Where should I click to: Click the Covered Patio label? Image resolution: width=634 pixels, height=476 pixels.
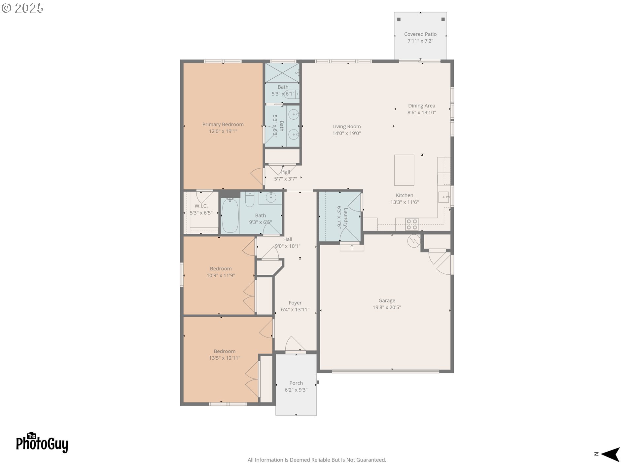point(420,34)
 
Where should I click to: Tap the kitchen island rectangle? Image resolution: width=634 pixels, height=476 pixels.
point(404,170)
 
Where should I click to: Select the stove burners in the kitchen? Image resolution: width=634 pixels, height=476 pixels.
point(411,224)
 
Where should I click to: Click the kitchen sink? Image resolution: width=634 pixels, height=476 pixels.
point(443,197)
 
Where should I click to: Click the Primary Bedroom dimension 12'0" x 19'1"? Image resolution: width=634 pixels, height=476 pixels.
point(223,131)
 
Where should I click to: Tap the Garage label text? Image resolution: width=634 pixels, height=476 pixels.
point(387,300)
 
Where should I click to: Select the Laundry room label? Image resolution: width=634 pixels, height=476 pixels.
point(346,217)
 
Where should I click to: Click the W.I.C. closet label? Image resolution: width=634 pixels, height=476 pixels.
point(201,206)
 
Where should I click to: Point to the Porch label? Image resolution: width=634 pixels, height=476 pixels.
point(296,383)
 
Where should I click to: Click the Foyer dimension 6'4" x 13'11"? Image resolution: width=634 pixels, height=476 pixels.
point(295,310)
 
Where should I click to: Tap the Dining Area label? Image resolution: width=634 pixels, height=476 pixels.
point(421,106)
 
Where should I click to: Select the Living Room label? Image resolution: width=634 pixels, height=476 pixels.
point(346,127)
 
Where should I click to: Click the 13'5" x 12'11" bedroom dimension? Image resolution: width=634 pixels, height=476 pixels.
point(225,358)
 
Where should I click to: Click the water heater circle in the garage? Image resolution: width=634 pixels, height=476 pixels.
point(414,241)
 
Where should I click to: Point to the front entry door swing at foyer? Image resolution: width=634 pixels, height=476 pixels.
point(295,344)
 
